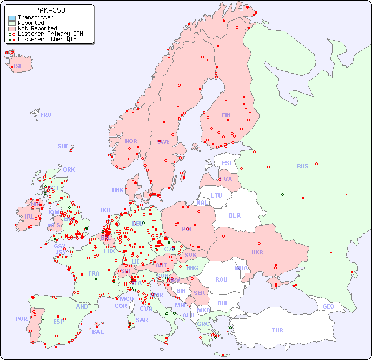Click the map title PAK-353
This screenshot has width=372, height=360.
[50, 10]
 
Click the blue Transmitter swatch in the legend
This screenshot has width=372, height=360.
[12, 17]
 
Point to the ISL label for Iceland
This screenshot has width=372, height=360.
[18, 67]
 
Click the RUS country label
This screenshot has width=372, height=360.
[302, 166]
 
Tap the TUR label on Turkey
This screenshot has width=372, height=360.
[277, 330]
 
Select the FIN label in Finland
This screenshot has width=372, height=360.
[226, 115]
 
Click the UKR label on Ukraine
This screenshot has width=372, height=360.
[257, 252]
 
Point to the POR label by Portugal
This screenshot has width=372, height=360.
[21, 319]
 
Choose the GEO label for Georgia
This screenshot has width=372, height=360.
[328, 306]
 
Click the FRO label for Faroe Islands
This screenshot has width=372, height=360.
[46, 115]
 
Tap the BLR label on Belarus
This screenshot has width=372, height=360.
[235, 215]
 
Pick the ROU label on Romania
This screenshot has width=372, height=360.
[221, 279]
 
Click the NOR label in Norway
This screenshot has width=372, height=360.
[131, 141]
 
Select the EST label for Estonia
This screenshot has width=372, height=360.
[227, 163]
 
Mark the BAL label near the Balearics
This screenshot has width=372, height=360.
[97, 332]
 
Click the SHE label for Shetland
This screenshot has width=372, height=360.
[63, 146]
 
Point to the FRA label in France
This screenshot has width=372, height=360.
[94, 273]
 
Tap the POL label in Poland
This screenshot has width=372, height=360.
[188, 229]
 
